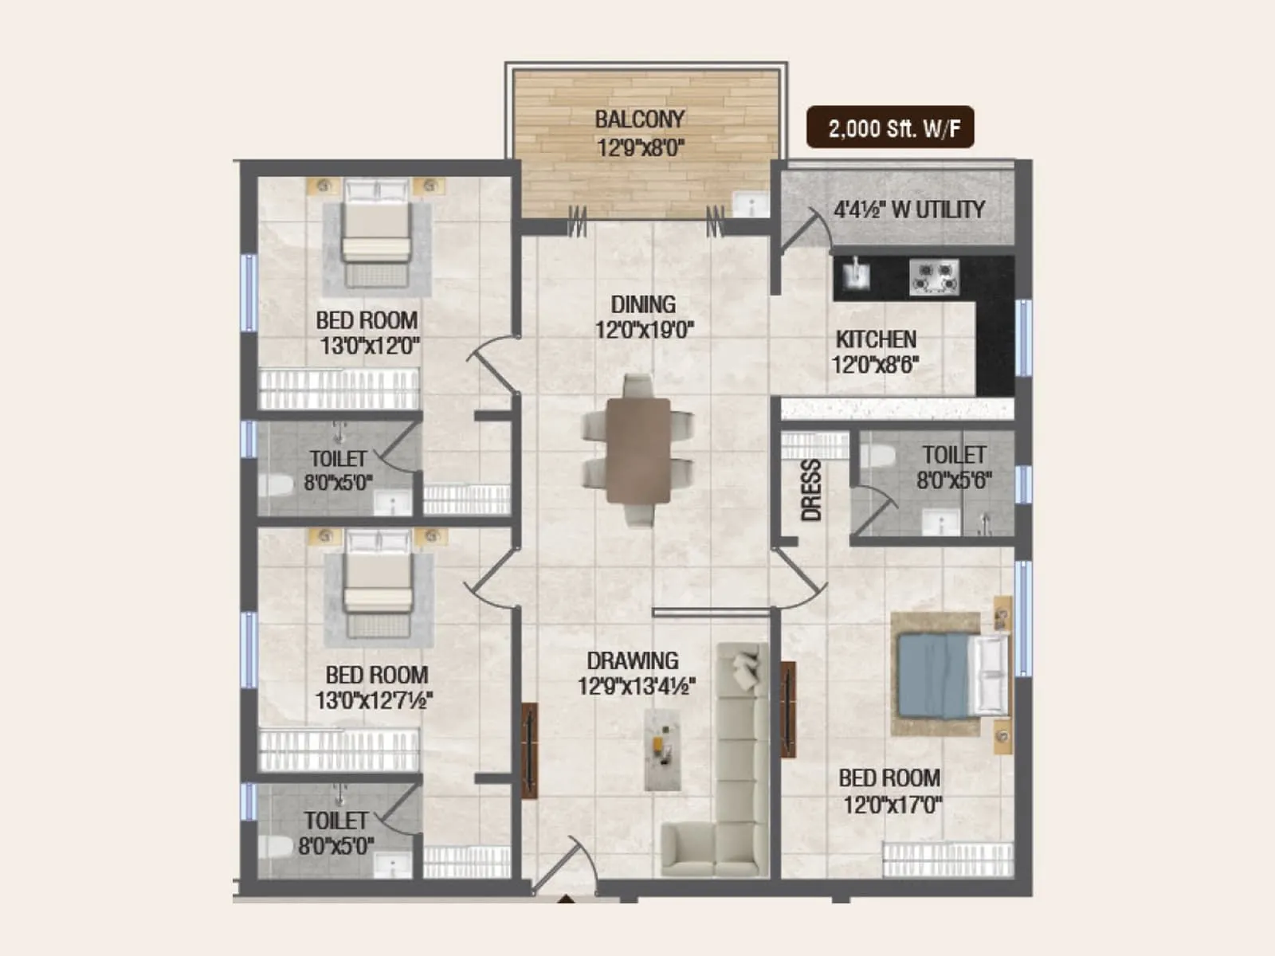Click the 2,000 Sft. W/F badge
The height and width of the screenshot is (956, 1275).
[x=890, y=127]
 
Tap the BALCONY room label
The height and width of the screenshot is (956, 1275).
[x=640, y=119]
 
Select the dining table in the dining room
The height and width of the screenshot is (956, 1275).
[x=637, y=451]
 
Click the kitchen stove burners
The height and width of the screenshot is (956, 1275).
[x=934, y=276]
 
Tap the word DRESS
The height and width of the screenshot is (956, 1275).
[x=810, y=490]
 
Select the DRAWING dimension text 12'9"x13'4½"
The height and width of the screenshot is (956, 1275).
[x=636, y=686]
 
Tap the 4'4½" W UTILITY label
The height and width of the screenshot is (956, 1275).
[x=908, y=210]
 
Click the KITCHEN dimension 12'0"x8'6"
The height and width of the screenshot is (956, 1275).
[x=875, y=365]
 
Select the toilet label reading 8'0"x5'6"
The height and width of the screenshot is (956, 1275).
[x=953, y=480]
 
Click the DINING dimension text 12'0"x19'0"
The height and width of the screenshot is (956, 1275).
[x=644, y=329]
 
